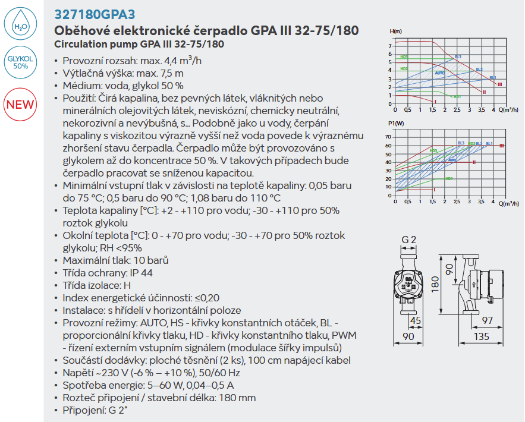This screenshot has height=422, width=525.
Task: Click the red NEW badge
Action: pos(20,105)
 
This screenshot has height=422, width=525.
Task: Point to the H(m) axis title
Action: pos(395,31)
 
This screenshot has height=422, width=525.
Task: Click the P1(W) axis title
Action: pos(395,123)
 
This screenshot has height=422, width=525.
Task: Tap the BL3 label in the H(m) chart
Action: pos(457,57)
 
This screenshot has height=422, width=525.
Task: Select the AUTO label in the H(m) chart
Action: pos(439,73)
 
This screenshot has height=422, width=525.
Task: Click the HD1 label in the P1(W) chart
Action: pos(449,178)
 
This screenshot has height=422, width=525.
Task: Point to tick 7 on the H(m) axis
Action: pos(390,46)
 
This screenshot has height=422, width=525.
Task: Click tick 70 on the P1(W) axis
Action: pos(388,137)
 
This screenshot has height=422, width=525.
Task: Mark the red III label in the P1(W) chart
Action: pos(502,146)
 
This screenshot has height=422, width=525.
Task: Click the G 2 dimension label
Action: pos(408,240)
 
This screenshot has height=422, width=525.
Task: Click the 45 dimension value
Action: pos(416,321)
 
